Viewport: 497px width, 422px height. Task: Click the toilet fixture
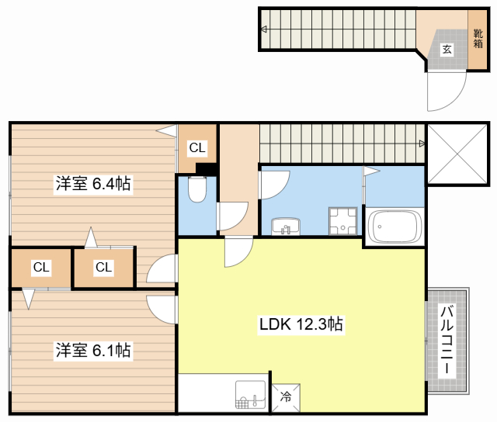click(196, 189)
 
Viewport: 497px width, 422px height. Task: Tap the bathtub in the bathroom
click(394, 227)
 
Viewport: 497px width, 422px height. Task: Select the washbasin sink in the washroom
click(287, 227)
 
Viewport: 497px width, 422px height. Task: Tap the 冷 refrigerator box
click(285, 398)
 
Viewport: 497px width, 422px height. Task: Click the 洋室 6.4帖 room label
click(92, 185)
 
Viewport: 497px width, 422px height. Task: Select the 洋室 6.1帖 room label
click(92, 350)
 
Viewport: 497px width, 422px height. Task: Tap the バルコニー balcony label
click(447, 341)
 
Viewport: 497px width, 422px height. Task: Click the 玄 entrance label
click(447, 50)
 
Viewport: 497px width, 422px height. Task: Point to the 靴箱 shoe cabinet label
click(478, 38)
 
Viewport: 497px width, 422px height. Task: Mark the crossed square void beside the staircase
click(457, 151)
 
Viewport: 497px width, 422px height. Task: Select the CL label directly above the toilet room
click(197, 147)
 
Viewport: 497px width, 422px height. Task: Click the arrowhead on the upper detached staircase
click(265, 30)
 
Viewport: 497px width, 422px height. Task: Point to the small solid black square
click(206, 168)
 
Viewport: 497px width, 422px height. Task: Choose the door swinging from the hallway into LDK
click(238, 252)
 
